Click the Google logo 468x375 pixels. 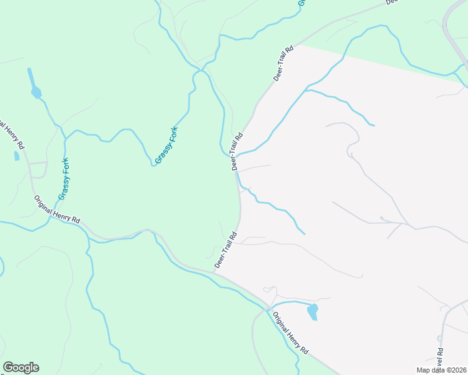click(21, 367)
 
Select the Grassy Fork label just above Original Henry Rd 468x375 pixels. click(64, 179)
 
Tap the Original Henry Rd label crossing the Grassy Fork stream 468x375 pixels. click(58, 209)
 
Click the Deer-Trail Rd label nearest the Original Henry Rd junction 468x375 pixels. click(225, 250)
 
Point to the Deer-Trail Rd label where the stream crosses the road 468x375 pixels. click(237, 151)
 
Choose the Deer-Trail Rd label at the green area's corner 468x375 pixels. click(283, 63)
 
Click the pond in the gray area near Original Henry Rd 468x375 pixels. click(312, 311)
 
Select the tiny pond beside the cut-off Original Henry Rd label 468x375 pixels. click(16, 156)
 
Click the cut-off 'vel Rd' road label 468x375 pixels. click(440, 357)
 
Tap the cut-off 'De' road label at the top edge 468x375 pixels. click(392, 2)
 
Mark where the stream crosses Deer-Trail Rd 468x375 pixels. click(235, 156)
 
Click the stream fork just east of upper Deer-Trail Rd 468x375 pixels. click(305, 91)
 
